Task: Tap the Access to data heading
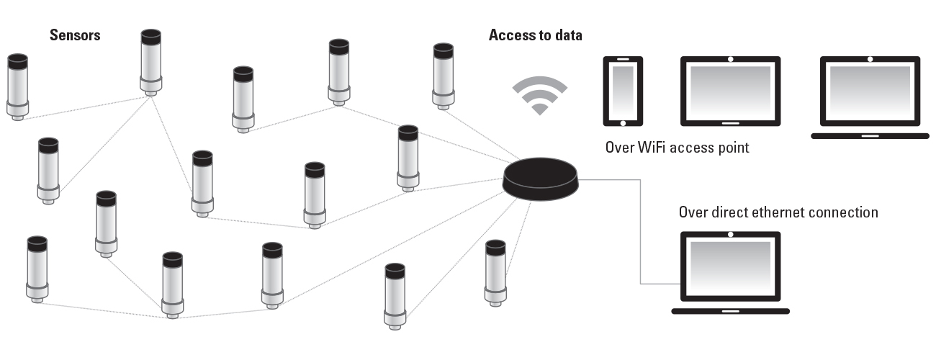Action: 535,35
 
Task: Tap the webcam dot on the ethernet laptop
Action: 730,235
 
